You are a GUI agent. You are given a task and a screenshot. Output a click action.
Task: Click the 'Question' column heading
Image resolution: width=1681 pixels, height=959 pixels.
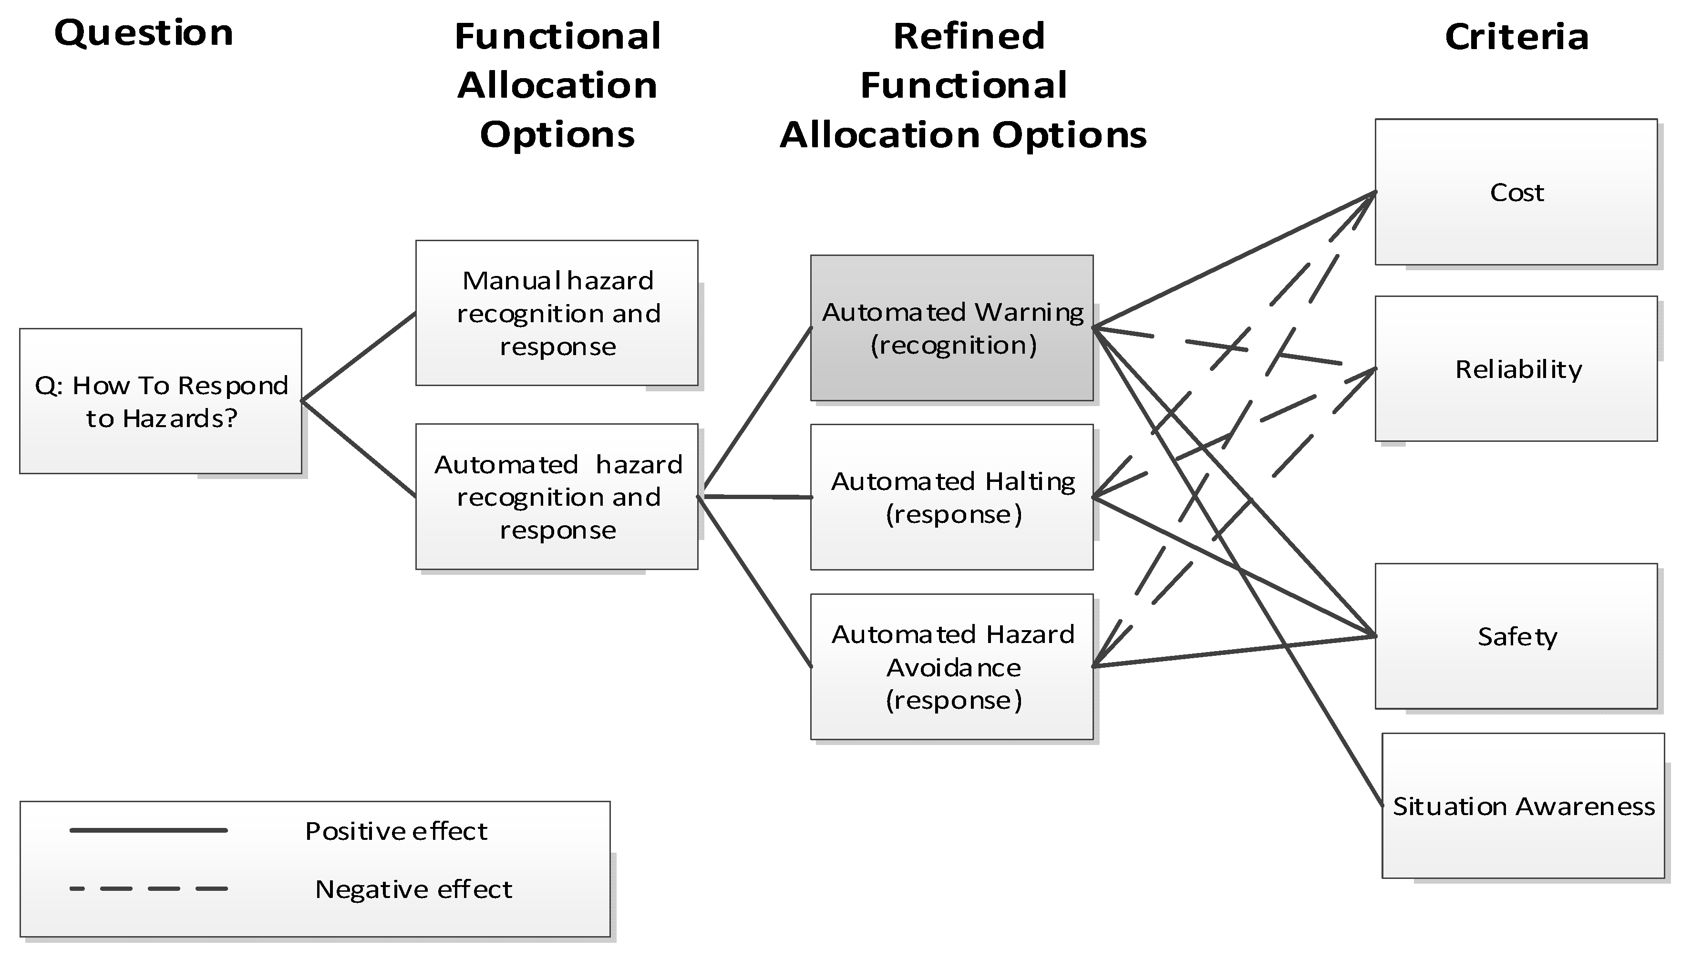click(144, 33)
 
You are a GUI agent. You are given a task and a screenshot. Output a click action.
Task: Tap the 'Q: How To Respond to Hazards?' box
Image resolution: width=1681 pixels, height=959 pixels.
click(161, 401)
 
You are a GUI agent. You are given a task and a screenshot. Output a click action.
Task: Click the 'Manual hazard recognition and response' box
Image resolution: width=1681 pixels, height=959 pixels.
click(557, 313)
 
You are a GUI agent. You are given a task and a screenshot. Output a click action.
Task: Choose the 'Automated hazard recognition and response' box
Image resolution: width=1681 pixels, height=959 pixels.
click(557, 497)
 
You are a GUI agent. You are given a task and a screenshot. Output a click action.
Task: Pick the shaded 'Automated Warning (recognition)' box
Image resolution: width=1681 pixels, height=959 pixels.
click(951, 328)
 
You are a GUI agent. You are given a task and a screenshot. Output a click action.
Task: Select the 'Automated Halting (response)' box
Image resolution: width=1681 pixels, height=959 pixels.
click(951, 497)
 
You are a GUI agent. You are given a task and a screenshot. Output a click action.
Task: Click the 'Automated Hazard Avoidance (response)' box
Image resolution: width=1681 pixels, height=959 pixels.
click(951, 666)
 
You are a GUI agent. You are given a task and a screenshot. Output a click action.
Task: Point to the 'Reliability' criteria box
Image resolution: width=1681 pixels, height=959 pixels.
click(1516, 369)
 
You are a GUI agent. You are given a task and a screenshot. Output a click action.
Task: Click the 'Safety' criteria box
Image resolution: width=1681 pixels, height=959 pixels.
click(1516, 636)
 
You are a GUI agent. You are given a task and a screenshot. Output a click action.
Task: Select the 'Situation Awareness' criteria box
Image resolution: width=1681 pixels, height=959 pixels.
click(1523, 806)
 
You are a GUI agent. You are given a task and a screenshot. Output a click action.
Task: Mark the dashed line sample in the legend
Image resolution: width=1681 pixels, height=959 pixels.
click(148, 888)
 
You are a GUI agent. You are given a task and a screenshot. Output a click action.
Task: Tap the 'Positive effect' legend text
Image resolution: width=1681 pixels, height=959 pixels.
click(396, 831)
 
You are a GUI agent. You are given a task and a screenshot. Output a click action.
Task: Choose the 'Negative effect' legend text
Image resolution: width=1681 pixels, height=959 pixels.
click(413, 889)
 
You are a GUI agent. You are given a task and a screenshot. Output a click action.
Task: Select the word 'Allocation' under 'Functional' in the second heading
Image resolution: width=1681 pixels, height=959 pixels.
click(557, 86)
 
